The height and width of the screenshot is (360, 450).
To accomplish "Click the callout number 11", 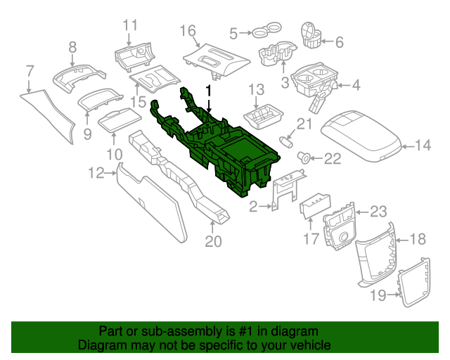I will (x=130, y=25).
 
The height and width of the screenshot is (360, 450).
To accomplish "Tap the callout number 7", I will (x=30, y=70).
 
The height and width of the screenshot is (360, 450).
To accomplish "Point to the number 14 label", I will (x=423, y=146).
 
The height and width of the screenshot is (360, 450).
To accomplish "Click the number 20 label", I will (x=213, y=242).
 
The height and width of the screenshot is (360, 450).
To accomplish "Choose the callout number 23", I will (x=378, y=212).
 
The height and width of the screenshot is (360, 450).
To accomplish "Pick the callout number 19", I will (x=378, y=296).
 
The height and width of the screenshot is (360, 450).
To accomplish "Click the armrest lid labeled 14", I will (x=359, y=133).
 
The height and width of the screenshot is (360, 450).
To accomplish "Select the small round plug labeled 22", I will (x=304, y=155).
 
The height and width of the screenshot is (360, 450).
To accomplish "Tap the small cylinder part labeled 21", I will (x=286, y=141).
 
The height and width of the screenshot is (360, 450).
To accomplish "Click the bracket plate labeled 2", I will (x=285, y=192).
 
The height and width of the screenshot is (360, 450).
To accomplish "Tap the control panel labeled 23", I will (x=340, y=229).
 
